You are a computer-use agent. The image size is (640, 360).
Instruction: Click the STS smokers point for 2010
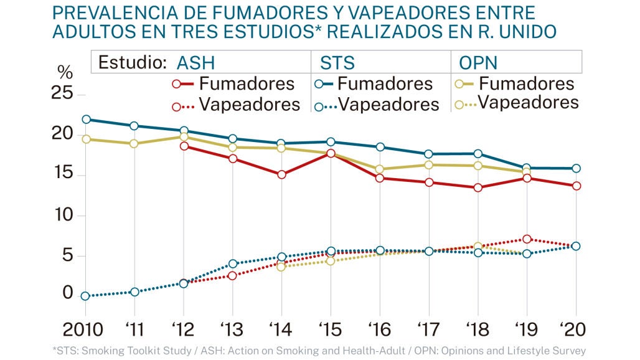pyautogui.click(x=86, y=120)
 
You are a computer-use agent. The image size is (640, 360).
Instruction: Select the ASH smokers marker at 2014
pyautogui.click(x=281, y=174)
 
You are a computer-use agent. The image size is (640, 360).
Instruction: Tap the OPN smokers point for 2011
pyautogui.click(x=134, y=144)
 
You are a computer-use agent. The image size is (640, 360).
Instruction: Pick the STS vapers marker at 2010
pyautogui.click(x=85, y=296)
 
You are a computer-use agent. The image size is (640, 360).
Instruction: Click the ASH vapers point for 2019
pyautogui.click(x=527, y=239)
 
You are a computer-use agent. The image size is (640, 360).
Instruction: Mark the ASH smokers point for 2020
pyautogui.click(x=576, y=186)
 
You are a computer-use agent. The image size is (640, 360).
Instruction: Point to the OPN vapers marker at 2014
pyautogui.click(x=281, y=267)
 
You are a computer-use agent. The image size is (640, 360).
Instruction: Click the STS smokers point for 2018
pyautogui.click(x=478, y=154)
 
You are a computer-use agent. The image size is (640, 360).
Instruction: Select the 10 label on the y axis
pyautogui.click(x=64, y=215)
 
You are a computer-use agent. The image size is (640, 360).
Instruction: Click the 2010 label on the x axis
pyautogui.click(x=83, y=329)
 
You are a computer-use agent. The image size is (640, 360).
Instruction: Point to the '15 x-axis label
pyautogui.click(x=331, y=329)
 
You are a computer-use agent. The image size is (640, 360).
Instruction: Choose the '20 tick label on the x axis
pyautogui.click(x=573, y=329)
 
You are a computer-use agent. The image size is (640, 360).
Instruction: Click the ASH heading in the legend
pyautogui.click(x=195, y=63)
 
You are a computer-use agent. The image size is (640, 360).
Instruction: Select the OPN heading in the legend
pyautogui.click(x=478, y=63)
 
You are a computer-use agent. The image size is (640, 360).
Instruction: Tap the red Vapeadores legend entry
pyautogui.click(x=236, y=105)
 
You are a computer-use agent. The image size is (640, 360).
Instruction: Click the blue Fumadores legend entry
pyautogui.click(x=374, y=84)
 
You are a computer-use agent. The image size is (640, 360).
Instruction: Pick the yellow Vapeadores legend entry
pyautogui.click(x=517, y=102)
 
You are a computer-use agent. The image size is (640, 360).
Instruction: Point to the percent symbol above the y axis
pyautogui.click(x=65, y=73)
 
